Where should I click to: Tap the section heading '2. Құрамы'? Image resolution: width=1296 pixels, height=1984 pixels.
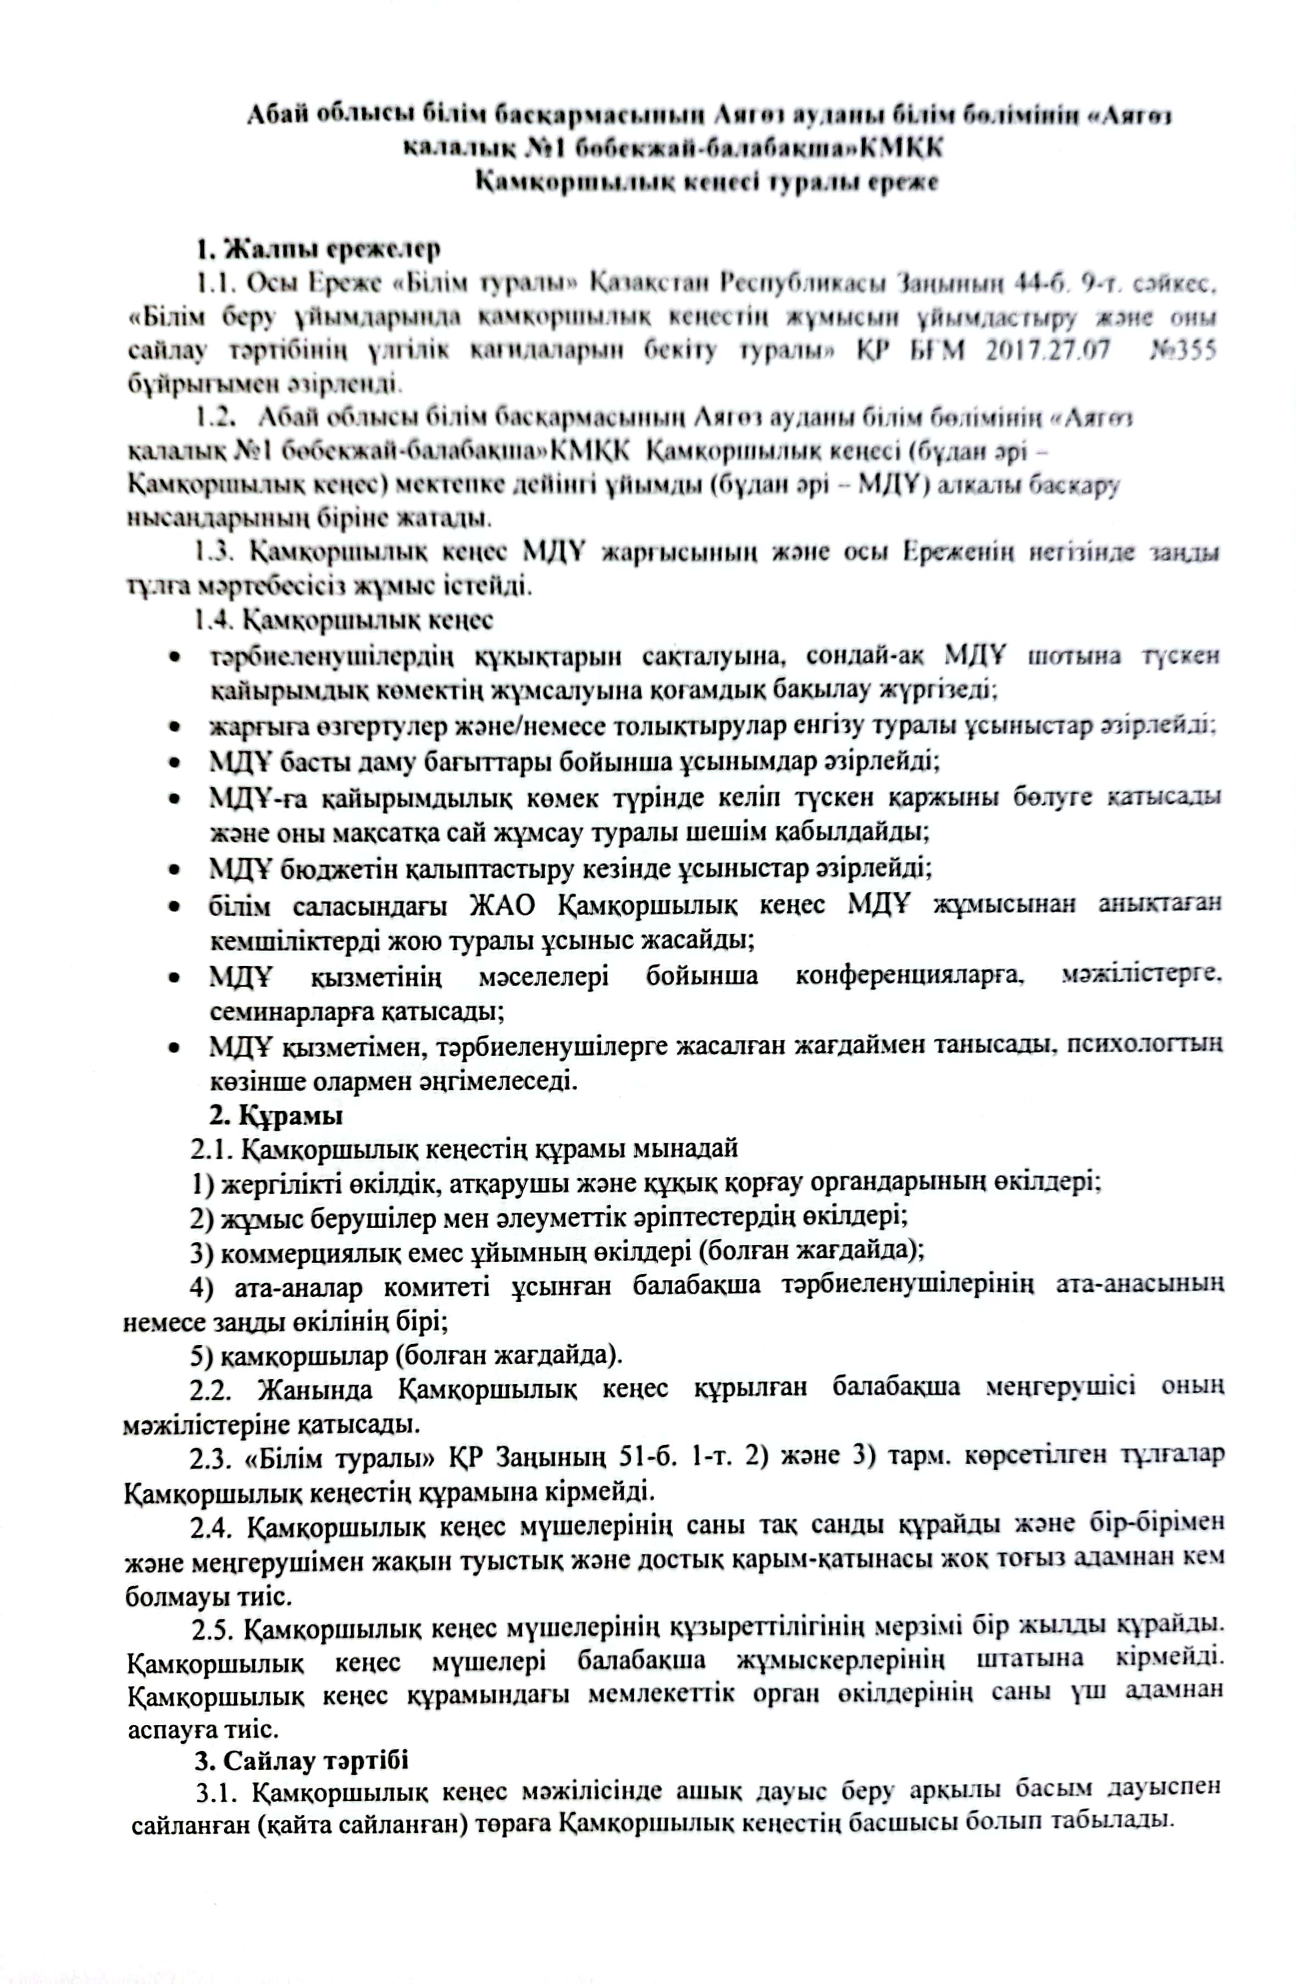pyautogui.click(x=275, y=1114)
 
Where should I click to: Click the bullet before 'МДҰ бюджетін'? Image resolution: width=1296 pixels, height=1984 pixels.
pyautogui.click(x=174, y=870)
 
